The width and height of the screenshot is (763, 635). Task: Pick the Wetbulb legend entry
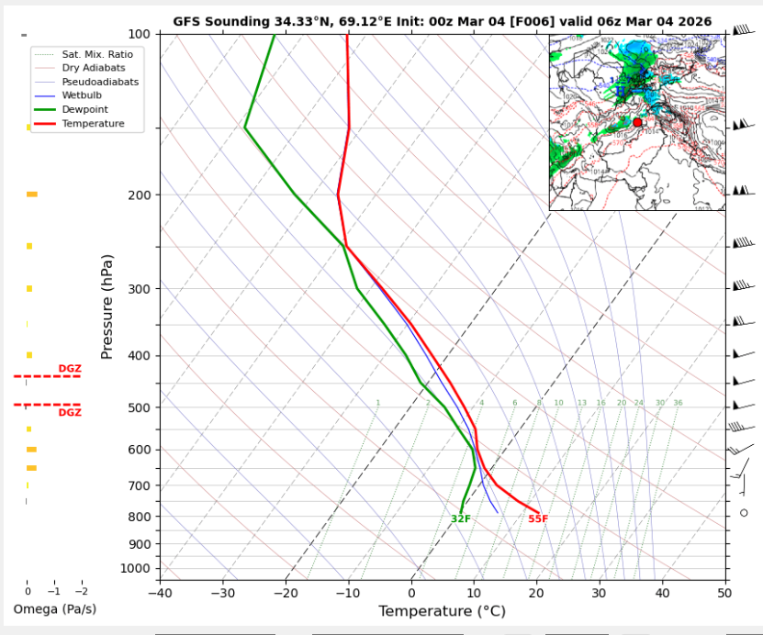tap(85, 95)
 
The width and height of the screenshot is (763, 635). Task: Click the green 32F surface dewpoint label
tap(460, 519)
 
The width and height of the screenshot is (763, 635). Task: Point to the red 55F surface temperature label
tap(538, 519)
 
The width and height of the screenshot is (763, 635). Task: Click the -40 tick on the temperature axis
tap(159, 593)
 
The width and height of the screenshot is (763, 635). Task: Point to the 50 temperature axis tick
tap(725, 593)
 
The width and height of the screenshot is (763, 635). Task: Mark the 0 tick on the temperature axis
tap(411, 593)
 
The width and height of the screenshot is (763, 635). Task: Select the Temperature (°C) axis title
tap(442, 611)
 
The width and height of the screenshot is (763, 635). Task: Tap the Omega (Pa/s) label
tap(54, 609)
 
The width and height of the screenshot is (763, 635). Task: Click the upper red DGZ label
tap(70, 369)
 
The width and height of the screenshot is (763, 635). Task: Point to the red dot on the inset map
tap(637, 122)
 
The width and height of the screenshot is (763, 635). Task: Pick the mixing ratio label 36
tap(678, 403)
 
